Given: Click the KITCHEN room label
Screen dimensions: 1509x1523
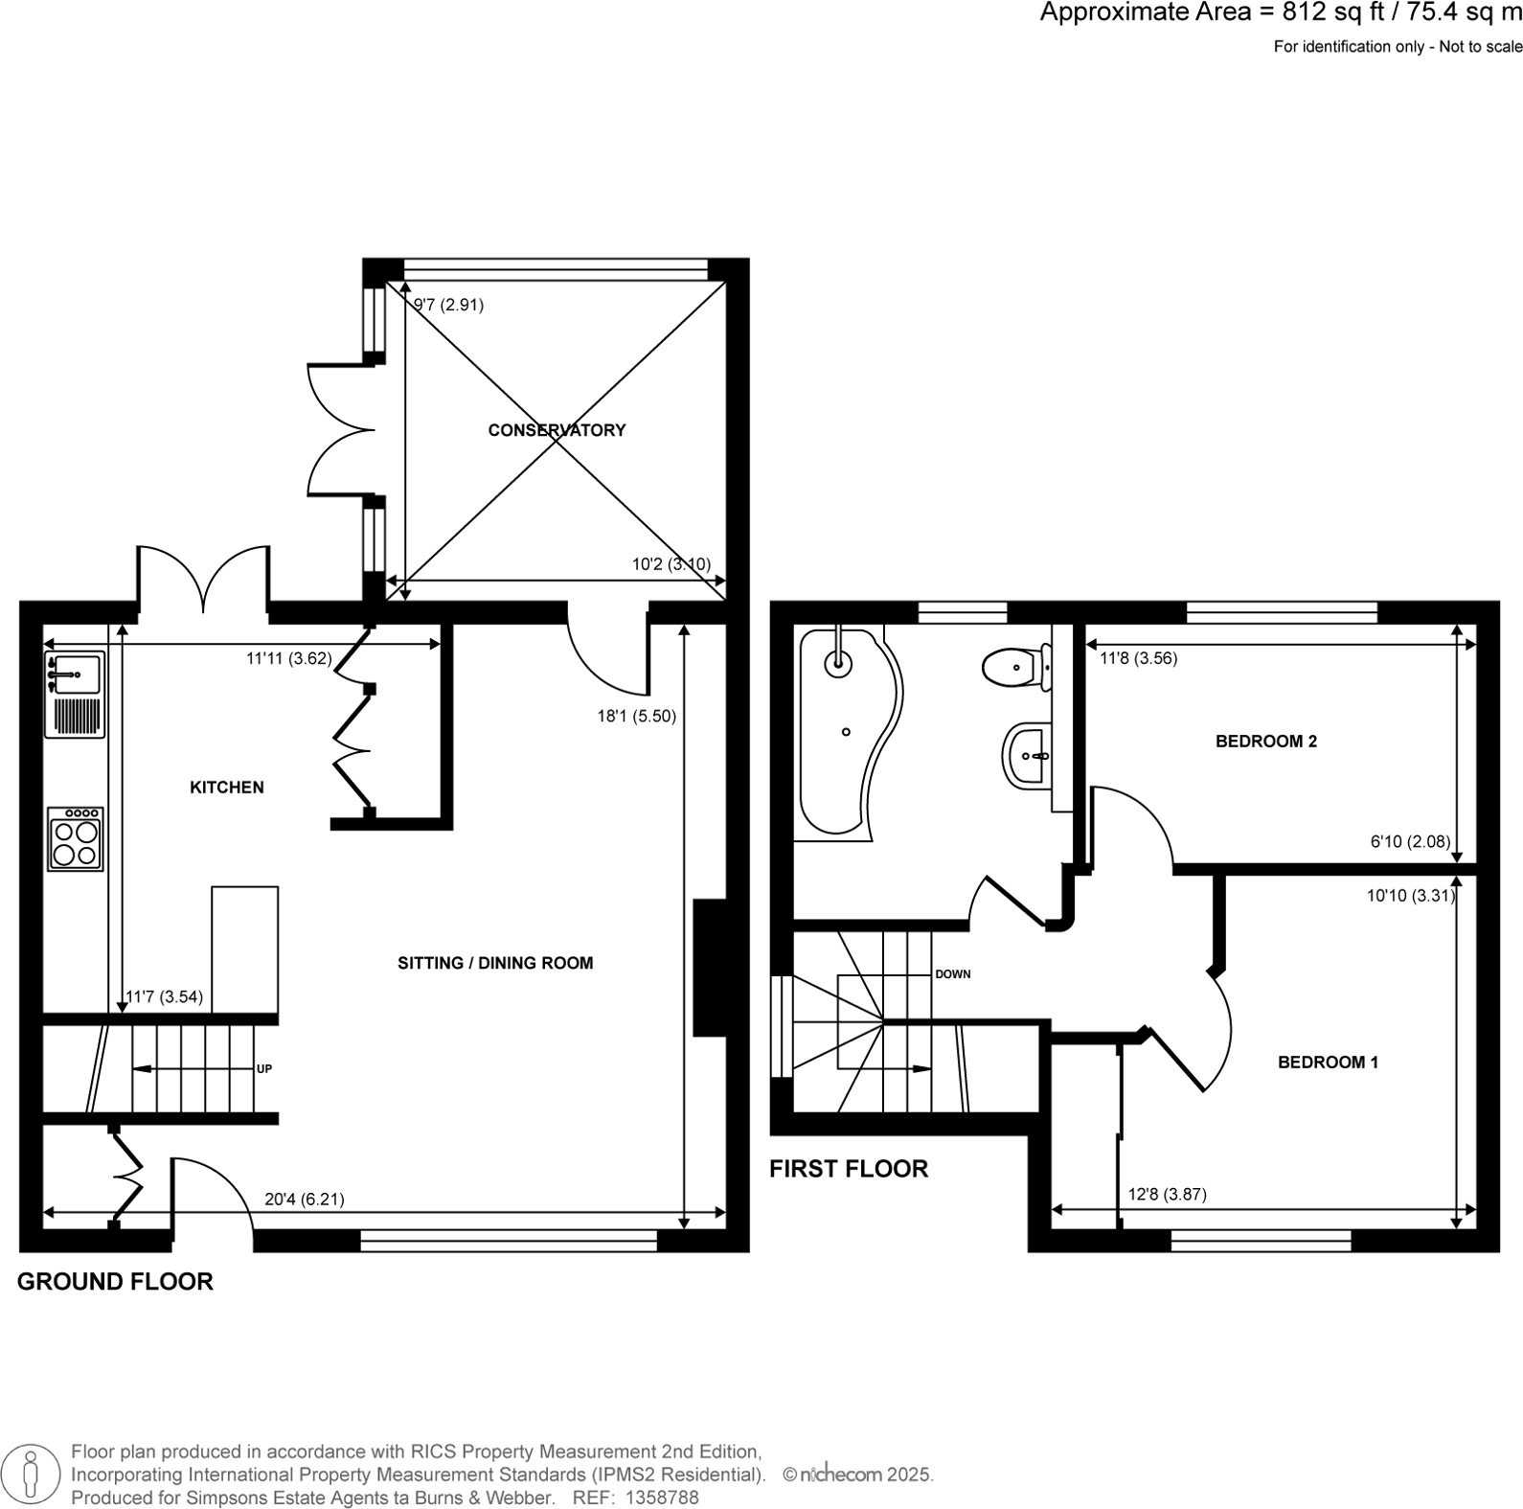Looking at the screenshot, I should pyautogui.click(x=227, y=788).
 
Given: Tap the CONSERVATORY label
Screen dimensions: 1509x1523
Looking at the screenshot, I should pyautogui.click(x=557, y=430).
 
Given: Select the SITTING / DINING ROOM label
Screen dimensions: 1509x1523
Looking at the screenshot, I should pyautogui.click(x=495, y=963).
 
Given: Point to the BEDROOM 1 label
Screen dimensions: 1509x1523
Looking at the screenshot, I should pyautogui.click(x=1328, y=1062).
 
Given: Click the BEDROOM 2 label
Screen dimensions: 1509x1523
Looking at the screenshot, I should pyautogui.click(x=1265, y=741).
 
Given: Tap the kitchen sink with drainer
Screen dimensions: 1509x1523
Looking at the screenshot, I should pyautogui.click(x=75, y=695).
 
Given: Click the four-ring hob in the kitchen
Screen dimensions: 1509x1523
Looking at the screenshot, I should pyautogui.click(x=76, y=839).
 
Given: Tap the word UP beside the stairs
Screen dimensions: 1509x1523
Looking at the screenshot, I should pyautogui.click(x=264, y=1068).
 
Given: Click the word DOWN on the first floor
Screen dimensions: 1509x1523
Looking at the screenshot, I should pyautogui.click(x=952, y=974).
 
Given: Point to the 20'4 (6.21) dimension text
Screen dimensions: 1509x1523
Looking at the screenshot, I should pyautogui.click(x=305, y=1199).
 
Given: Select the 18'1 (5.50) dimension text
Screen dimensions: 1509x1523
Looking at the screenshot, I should pyautogui.click(x=636, y=716).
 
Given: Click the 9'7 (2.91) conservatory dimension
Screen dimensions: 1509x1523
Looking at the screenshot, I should pyautogui.click(x=448, y=305).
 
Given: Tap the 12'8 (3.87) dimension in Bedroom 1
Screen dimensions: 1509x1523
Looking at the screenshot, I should pyautogui.click(x=1167, y=1194).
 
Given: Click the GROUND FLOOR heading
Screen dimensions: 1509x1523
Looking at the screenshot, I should pyautogui.click(x=115, y=1281).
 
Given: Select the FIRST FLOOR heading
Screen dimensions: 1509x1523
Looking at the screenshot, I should pyautogui.click(x=849, y=1169).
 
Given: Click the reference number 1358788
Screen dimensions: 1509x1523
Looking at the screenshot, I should pyautogui.click(x=662, y=1498).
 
